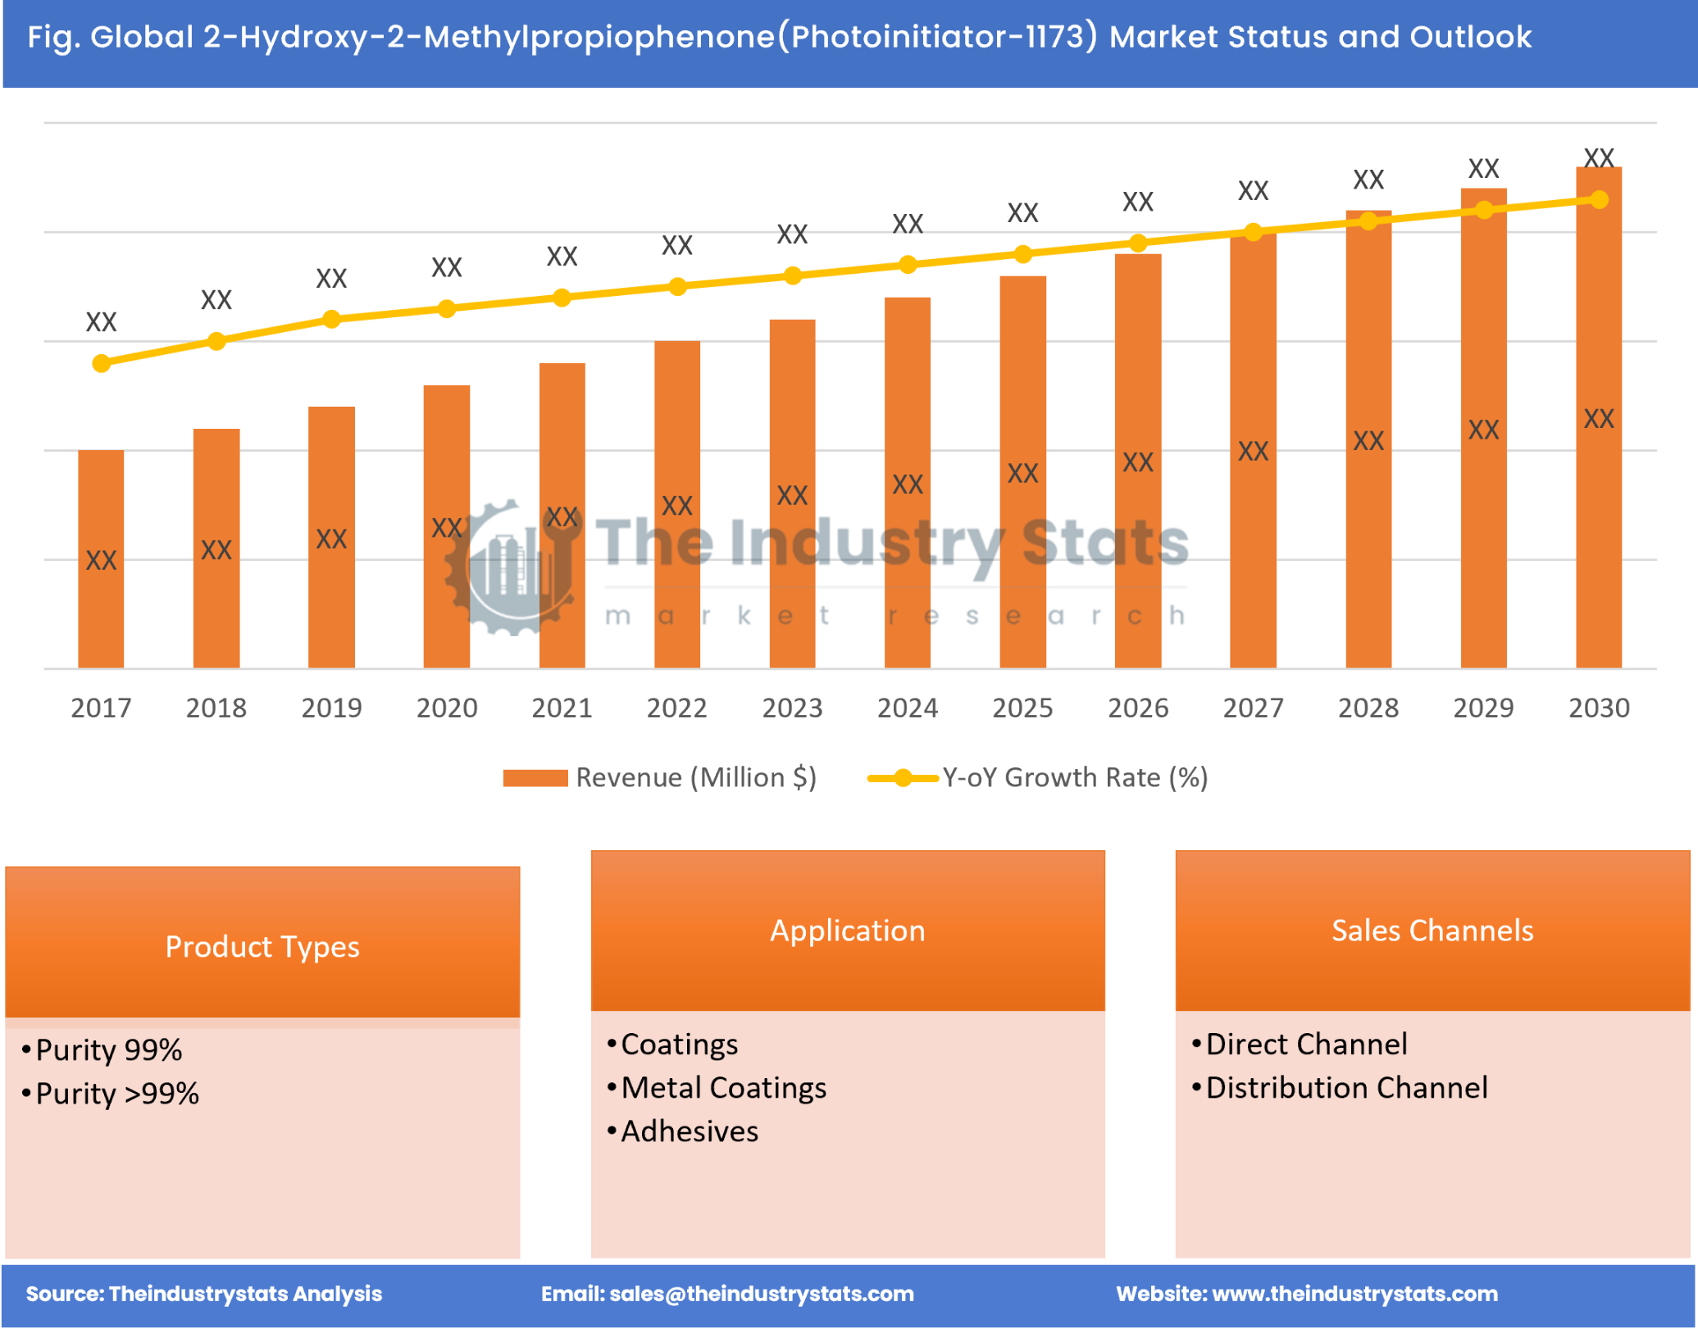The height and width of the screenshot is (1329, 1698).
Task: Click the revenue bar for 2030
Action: (x=1598, y=418)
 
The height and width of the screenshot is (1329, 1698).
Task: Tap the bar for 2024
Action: (x=907, y=484)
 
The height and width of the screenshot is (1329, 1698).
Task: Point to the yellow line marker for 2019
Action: (x=331, y=319)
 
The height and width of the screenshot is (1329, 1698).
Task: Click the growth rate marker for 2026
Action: (x=1137, y=243)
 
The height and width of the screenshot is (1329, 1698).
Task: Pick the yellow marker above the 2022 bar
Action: (x=677, y=286)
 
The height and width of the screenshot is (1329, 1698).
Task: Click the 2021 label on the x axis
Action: (x=562, y=708)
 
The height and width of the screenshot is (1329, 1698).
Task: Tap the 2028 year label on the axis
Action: (x=1368, y=708)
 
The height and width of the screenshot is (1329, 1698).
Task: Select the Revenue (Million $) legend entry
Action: (x=660, y=777)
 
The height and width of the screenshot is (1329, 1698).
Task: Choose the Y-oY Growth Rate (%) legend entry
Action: (x=1038, y=777)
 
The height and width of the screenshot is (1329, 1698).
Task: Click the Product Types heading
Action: (x=262, y=946)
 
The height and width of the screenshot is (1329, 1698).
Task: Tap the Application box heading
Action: (x=847, y=930)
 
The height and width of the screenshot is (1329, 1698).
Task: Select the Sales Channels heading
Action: (x=1432, y=930)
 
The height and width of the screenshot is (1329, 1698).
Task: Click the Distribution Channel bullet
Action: (x=1345, y=1088)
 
